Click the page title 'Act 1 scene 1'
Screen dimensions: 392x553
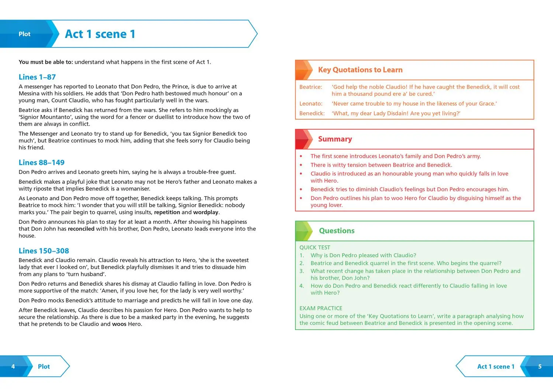click(100, 34)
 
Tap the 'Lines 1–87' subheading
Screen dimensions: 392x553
click(37, 77)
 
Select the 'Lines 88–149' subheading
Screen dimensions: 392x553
click(42, 162)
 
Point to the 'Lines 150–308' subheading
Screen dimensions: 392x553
click(44, 251)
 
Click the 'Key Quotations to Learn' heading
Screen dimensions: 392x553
click(360, 70)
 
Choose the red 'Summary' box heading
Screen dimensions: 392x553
click(335, 139)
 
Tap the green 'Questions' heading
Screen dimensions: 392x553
click(337, 231)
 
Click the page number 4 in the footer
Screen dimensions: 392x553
click(13, 367)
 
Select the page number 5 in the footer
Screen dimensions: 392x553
click(540, 367)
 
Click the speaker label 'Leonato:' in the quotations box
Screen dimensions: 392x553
click(311, 104)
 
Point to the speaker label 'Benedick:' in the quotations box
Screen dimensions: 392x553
click(312, 113)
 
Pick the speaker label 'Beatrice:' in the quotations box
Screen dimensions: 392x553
click(310, 87)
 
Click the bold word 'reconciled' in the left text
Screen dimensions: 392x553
click(81, 229)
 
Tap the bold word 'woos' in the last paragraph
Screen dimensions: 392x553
click(119, 324)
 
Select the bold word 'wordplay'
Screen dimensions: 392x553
click(206, 212)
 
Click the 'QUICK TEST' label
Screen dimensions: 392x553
click(315, 248)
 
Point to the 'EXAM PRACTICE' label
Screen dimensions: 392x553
click(321, 308)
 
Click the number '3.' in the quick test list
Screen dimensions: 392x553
click(302, 271)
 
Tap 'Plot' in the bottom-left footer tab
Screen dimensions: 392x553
click(44, 367)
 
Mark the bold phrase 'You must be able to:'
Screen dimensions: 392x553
click(46, 62)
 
